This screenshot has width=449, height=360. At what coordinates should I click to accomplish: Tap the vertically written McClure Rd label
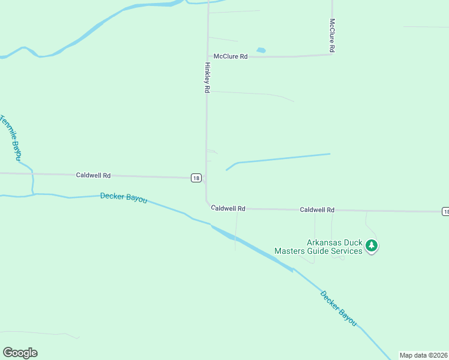coord(331,34)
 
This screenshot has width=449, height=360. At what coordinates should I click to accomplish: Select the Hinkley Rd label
coord(207,77)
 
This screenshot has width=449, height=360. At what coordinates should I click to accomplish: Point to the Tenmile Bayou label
coord(10,137)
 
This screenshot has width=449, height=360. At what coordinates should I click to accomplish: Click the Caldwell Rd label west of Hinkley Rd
coord(93,176)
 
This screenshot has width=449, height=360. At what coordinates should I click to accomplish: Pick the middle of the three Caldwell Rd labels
coord(229,208)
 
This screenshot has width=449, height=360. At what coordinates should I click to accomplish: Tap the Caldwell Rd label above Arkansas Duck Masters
coord(317,210)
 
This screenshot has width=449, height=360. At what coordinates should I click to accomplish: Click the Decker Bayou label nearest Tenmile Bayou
coord(124,197)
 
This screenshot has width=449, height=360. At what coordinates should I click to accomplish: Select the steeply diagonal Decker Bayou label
coord(339,309)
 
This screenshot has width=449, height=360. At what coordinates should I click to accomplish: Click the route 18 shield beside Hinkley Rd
coord(196,178)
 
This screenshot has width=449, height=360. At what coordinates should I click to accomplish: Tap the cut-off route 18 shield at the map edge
coord(445,211)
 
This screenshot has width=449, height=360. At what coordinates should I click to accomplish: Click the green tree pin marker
coord(372,245)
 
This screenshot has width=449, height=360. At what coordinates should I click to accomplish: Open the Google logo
coord(20,353)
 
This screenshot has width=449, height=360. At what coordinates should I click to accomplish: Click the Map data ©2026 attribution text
coord(423,355)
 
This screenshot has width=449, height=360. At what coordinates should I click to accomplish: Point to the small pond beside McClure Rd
coord(261,50)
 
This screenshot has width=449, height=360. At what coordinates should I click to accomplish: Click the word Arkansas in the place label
coord(327,243)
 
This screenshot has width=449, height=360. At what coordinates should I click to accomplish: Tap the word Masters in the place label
coord(290,251)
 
